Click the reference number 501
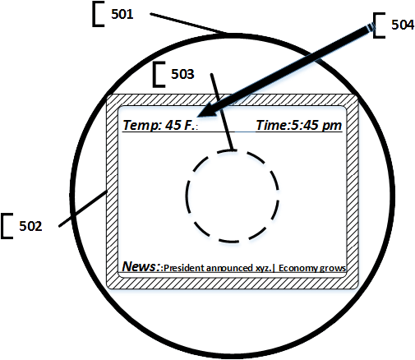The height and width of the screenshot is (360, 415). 122,14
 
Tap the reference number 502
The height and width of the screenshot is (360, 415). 30,226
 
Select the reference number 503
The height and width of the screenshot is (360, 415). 182,74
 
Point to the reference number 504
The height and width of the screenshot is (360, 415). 403,25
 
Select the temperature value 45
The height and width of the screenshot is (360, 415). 173,125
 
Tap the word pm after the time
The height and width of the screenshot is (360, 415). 332,126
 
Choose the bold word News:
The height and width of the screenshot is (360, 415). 141,266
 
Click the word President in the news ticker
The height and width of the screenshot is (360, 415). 184,268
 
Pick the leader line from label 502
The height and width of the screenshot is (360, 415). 83,209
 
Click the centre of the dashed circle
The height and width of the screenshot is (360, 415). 233,196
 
